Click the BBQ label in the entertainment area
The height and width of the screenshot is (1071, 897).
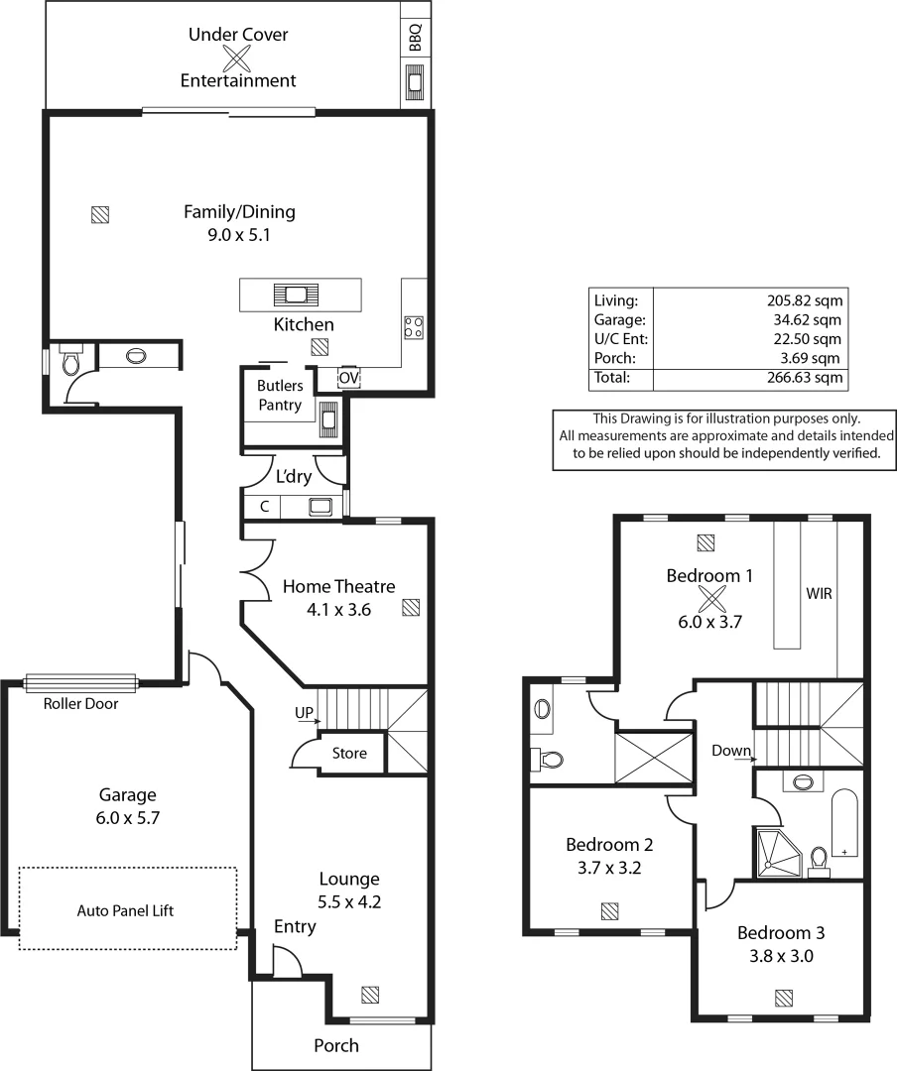416,37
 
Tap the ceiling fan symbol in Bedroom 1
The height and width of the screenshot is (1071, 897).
711,599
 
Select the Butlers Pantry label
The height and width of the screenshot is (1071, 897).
280,395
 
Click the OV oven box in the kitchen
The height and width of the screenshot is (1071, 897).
348,378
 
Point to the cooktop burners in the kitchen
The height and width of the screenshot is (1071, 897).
414,326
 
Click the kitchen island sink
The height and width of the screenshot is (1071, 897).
297,294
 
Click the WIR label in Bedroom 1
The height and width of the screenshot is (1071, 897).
819,595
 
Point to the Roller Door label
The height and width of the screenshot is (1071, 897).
80,704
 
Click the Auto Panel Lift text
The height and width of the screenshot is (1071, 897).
126,910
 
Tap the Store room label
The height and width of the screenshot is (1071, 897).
349,754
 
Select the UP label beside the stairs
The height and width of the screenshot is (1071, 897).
304,712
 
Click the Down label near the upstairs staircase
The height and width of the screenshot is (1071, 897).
730,751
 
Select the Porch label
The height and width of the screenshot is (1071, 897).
336,1045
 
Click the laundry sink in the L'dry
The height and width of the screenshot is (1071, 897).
320,507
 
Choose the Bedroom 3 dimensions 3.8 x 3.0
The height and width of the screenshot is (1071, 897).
781,957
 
